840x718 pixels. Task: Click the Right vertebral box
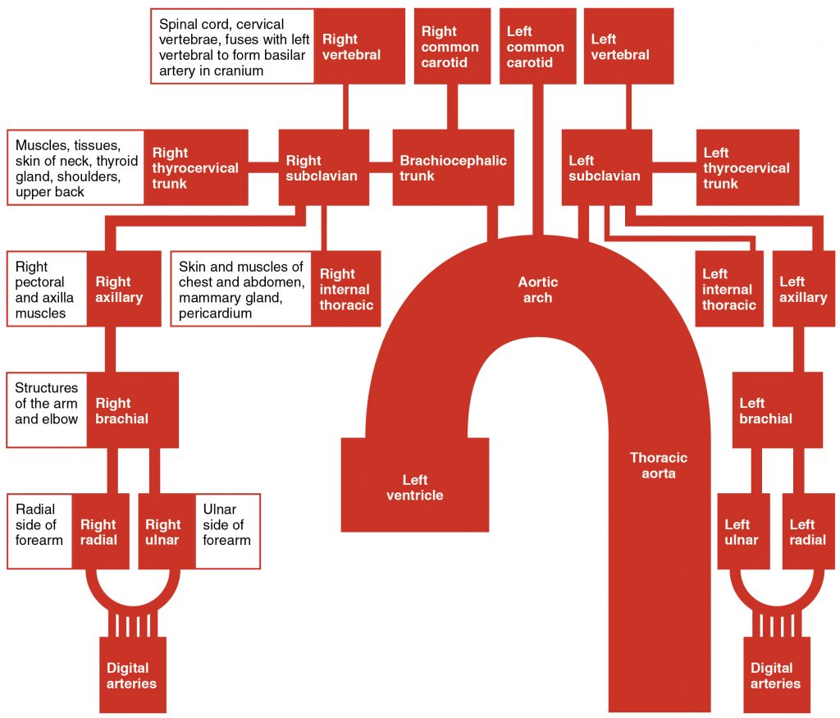tap(359, 46)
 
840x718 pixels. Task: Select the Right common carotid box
tap(450, 46)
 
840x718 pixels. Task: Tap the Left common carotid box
tap(535, 46)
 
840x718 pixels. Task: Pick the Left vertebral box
tap(628, 46)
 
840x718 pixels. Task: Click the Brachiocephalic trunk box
tap(453, 167)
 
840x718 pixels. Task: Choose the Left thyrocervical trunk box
tap(746, 167)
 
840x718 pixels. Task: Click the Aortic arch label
tap(537, 290)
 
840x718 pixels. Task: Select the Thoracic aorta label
tap(658, 465)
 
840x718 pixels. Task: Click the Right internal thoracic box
tap(345, 289)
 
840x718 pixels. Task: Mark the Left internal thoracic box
tap(727, 289)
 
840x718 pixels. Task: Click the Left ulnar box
tap(742, 532)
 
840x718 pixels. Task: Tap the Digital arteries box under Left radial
tap(775, 675)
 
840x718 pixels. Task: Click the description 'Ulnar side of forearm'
tap(227, 525)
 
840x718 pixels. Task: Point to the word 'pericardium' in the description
tap(215, 313)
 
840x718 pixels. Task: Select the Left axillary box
tap(803, 289)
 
